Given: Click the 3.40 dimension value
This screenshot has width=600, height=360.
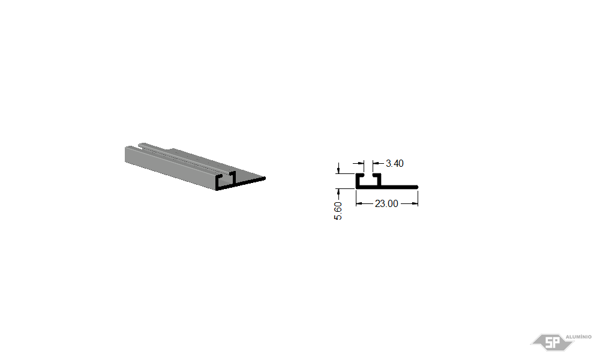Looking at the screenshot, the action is tap(395, 163).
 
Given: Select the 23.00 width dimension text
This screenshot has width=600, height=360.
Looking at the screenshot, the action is tap(386, 203).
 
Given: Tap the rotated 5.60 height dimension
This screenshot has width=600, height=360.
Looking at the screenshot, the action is tap(338, 211).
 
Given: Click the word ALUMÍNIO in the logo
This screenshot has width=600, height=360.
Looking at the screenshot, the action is tap(578, 337).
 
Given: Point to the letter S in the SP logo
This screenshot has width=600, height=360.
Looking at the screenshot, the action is tap(549, 343).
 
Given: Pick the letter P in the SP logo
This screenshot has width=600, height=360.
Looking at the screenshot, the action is tap(558, 343).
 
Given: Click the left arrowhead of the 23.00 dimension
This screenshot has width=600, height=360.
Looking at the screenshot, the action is tap(359, 203).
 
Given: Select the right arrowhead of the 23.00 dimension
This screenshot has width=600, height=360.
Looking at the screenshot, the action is tap(415, 203).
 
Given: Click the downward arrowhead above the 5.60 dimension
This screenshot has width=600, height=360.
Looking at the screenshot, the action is tap(338, 170).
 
